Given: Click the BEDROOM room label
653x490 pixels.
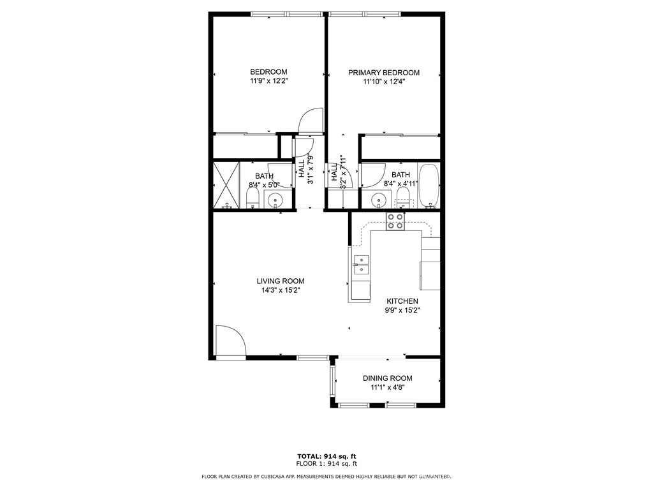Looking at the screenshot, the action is pyautogui.click(x=268, y=71).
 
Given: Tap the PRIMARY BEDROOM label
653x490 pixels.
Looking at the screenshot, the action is pyautogui.click(x=383, y=73).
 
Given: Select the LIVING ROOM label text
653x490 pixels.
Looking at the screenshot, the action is pyautogui.click(x=281, y=281).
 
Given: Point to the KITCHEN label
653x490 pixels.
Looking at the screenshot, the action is pyautogui.click(x=402, y=301).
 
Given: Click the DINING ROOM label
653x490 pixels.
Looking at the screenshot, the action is pyautogui.click(x=387, y=378).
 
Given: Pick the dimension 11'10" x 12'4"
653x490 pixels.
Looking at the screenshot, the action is pyautogui.click(x=384, y=82).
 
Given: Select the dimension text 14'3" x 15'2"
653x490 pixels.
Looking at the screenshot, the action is pyautogui.click(x=281, y=290).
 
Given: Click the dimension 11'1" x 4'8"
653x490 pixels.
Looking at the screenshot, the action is pyautogui.click(x=388, y=387).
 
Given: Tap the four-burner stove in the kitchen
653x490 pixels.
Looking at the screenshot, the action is pyautogui.click(x=395, y=221).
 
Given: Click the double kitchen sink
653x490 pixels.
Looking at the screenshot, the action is pyautogui.click(x=361, y=265).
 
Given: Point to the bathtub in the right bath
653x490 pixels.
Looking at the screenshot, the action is pyautogui.click(x=428, y=186).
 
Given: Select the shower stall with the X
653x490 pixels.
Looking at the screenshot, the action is pyautogui.click(x=226, y=185).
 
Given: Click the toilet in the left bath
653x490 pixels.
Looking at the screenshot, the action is pyautogui.click(x=253, y=198).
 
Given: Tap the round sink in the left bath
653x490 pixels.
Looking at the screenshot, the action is pyautogui.click(x=275, y=200).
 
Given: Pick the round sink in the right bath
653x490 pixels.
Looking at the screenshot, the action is pyautogui.click(x=379, y=200).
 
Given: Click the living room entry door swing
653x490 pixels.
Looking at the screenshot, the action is pyautogui.click(x=230, y=341).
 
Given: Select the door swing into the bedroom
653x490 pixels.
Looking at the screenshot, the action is pyautogui.click(x=311, y=121).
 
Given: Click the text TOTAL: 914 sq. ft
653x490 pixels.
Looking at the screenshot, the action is pyautogui.click(x=326, y=456).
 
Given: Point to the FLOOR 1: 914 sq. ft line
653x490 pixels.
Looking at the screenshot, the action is pyautogui.click(x=326, y=463).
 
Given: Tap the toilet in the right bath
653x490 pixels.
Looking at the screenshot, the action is pyautogui.click(x=403, y=198).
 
